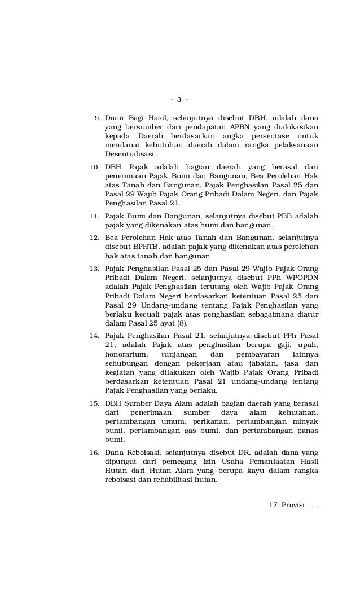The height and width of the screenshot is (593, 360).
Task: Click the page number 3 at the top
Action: (x=179, y=100)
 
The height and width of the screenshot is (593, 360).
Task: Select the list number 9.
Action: (x=97, y=118)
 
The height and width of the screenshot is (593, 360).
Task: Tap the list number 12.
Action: (x=95, y=238)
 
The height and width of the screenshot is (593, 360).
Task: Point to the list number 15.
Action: (x=95, y=403)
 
